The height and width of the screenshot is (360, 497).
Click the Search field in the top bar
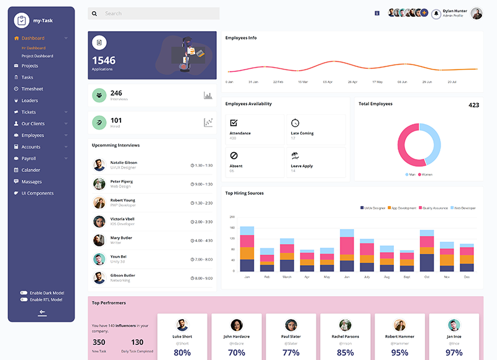[158, 14]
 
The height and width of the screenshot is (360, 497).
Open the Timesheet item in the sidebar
[32, 89]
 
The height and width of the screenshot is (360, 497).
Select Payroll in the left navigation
[29, 158]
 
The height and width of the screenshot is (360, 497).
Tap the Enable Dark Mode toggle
[24, 292]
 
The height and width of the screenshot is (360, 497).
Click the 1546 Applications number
[104, 60]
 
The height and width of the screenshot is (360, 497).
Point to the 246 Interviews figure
[116, 93]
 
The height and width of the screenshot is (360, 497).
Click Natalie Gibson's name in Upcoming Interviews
[124, 163]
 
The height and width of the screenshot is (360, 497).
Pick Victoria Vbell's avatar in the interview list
[99, 222]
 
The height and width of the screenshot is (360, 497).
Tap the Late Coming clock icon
[295, 123]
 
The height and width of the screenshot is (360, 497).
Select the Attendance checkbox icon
[234, 123]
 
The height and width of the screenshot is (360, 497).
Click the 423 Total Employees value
[473, 105]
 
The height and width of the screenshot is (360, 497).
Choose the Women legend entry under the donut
[426, 174]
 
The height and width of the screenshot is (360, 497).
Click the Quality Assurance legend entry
[434, 208]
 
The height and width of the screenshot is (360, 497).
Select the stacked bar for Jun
[347, 250]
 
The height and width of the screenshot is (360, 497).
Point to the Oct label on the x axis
[427, 277]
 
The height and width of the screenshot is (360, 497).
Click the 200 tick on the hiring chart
[232, 217]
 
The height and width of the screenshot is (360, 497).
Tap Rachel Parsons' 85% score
[345, 353]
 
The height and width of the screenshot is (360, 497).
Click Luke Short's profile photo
[182, 325]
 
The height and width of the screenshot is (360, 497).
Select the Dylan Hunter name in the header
[456, 11]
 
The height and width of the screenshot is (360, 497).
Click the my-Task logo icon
[21, 20]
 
